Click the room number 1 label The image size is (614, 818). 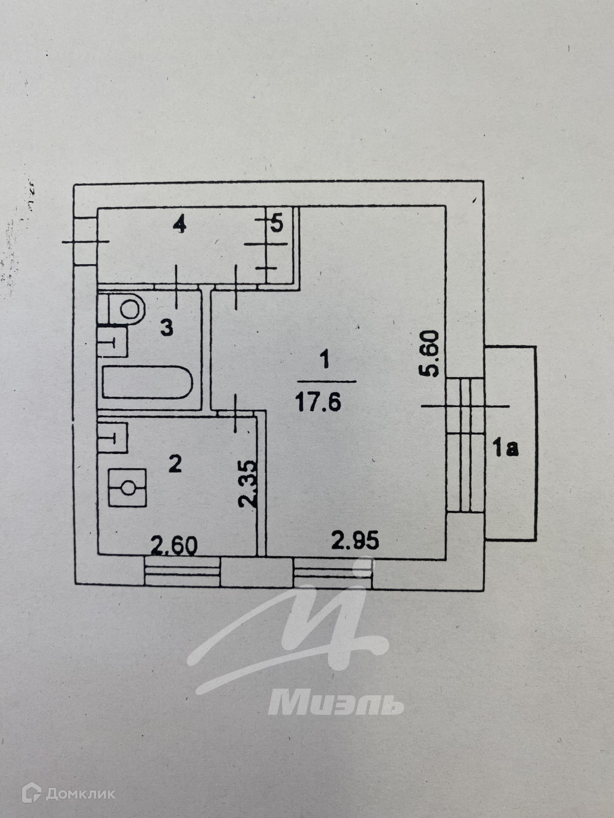tap(325, 360)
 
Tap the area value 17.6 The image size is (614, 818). tap(318, 402)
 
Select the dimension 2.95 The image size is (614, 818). tap(355, 540)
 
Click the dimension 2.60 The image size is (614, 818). tap(174, 546)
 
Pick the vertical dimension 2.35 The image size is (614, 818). tap(248, 483)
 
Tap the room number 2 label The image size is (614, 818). tap(175, 464)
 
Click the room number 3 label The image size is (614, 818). tap(167, 328)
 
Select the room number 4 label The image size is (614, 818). tap(180, 226)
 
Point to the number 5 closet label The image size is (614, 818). tap(277, 224)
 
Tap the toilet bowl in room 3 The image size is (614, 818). tap(127, 309)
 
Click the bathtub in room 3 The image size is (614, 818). tap(147, 382)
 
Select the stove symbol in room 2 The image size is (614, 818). tap(128, 487)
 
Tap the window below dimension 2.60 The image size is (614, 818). tap(182, 571)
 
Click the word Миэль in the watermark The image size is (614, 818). tap(335, 703)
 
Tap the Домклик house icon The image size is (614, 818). tap(31, 793)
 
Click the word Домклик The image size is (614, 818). tap(80, 794)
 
